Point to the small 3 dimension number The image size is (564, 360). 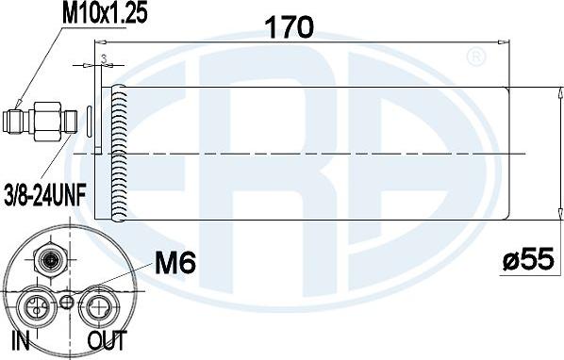(102, 57)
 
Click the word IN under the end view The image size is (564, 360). (19, 340)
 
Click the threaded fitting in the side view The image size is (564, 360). (43, 120)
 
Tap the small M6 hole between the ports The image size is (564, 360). (66, 302)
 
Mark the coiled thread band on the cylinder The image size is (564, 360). (118, 151)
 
